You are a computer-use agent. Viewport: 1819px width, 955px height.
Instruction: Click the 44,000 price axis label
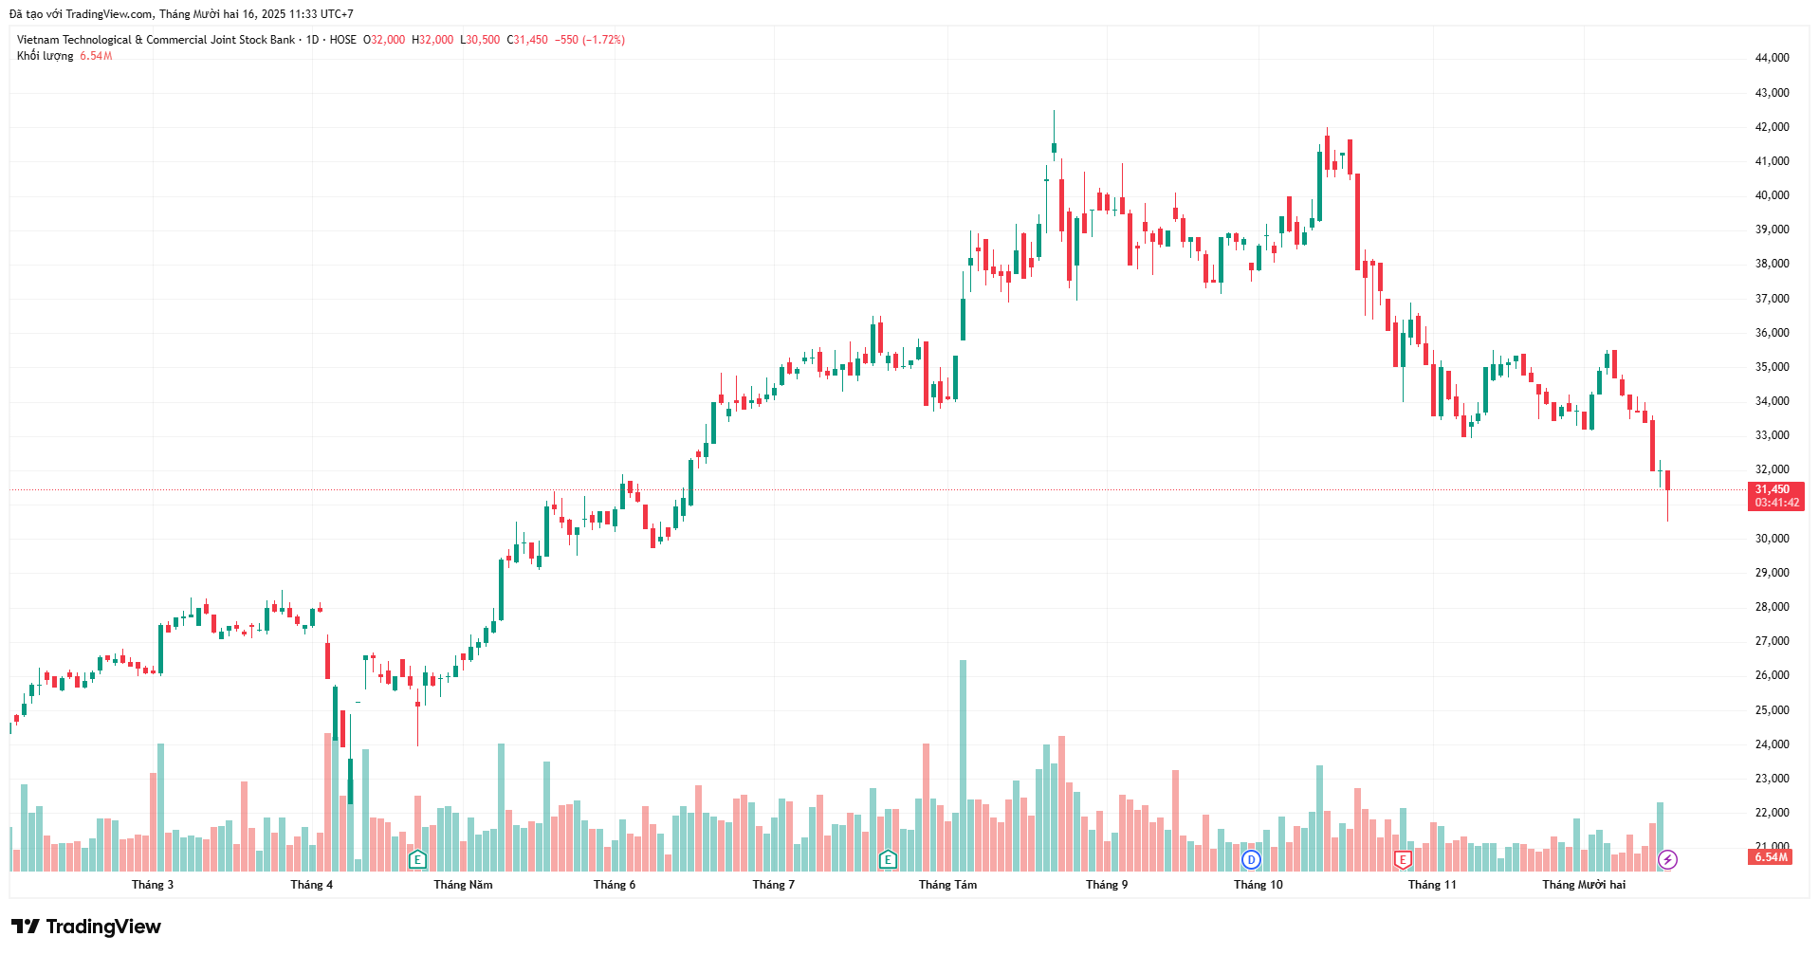pyautogui.click(x=1772, y=58)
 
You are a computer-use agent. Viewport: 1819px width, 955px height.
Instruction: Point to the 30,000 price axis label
pyautogui.click(x=1772, y=539)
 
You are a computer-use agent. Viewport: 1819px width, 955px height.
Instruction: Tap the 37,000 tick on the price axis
pyautogui.click(x=1772, y=299)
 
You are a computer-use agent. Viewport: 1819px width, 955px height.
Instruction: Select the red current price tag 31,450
pyautogui.click(x=1775, y=490)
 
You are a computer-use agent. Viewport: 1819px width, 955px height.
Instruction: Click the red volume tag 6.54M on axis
pyautogui.click(x=1770, y=857)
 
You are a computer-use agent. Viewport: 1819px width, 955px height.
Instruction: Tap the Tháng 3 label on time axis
pyautogui.click(x=153, y=885)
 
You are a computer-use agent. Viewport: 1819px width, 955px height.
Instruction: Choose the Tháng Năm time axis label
pyautogui.click(x=463, y=885)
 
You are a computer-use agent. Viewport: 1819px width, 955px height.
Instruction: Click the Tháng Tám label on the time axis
pyautogui.click(x=947, y=885)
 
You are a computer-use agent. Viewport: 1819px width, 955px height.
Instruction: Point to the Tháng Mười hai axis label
pyautogui.click(x=1583, y=885)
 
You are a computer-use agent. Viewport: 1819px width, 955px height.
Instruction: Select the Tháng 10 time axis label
pyautogui.click(x=1258, y=885)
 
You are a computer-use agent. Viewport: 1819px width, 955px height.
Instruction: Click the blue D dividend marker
pyautogui.click(x=1251, y=860)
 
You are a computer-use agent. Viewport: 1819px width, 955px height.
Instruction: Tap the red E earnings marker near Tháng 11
pyautogui.click(x=1403, y=860)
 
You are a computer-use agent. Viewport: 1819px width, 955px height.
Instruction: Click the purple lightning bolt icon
pyautogui.click(x=1667, y=860)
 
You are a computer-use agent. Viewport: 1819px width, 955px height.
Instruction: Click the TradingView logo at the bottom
pyautogui.click(x=86, y=927)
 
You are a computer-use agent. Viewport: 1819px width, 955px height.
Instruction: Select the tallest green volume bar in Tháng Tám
pyautogui.click(x=963, y=759)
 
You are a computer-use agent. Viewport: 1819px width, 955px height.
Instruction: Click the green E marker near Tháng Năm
pyautogui.click(x=417, y=860)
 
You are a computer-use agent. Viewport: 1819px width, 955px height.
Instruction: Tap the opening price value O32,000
pyautogui.click(x=384, y=40)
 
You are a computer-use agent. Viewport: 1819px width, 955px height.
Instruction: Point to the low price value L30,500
pyautogui.click(x=480, y=40)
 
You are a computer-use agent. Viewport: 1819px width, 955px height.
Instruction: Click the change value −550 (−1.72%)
pyautogui.click(x=590, y=40)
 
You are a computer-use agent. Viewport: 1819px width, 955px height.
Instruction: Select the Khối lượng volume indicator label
pyautogui.click(x=45, y=56)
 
